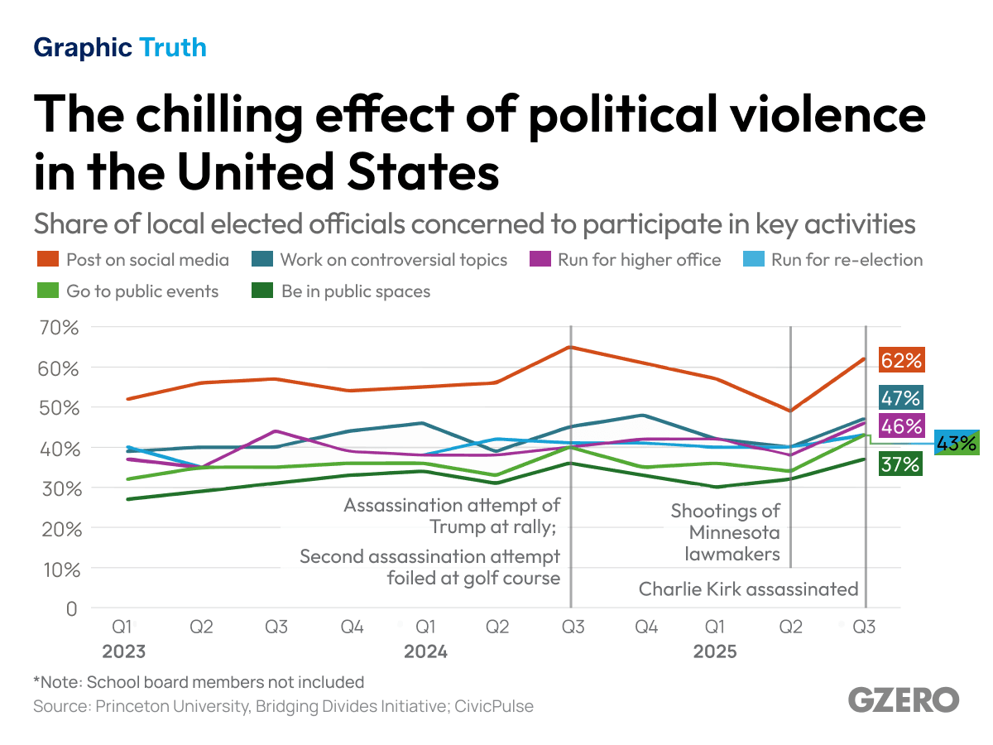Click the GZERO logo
coord(903,699)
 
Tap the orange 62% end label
coord(900,361)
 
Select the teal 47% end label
coord(900,398)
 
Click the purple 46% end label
coord(900,426)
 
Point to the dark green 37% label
coord(900,464)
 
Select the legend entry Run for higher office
coord(626,260)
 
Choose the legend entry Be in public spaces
coord(341,291)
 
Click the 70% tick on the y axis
coord(58,328)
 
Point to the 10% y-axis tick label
coord(58,569)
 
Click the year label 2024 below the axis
coord(425,652)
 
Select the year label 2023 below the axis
coord(123,652)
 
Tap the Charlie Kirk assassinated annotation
coord(748,589)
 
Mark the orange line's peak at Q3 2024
coord(570,347)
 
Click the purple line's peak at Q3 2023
coord(276,431)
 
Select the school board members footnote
coord(199,682)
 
